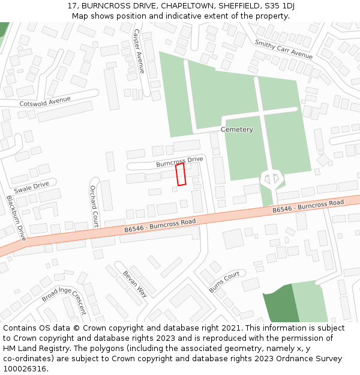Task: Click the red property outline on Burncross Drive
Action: pos(180,174)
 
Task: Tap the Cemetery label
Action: pos(237,130)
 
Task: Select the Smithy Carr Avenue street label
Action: pos(284,49)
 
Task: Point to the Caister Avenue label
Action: pos(139,51)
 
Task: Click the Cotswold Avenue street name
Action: pos(45,101)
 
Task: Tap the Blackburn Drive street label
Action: pos(16,218)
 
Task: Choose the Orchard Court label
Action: pos(94,206)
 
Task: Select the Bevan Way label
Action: pos(135,284)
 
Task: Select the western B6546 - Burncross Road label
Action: pos(160,226)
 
